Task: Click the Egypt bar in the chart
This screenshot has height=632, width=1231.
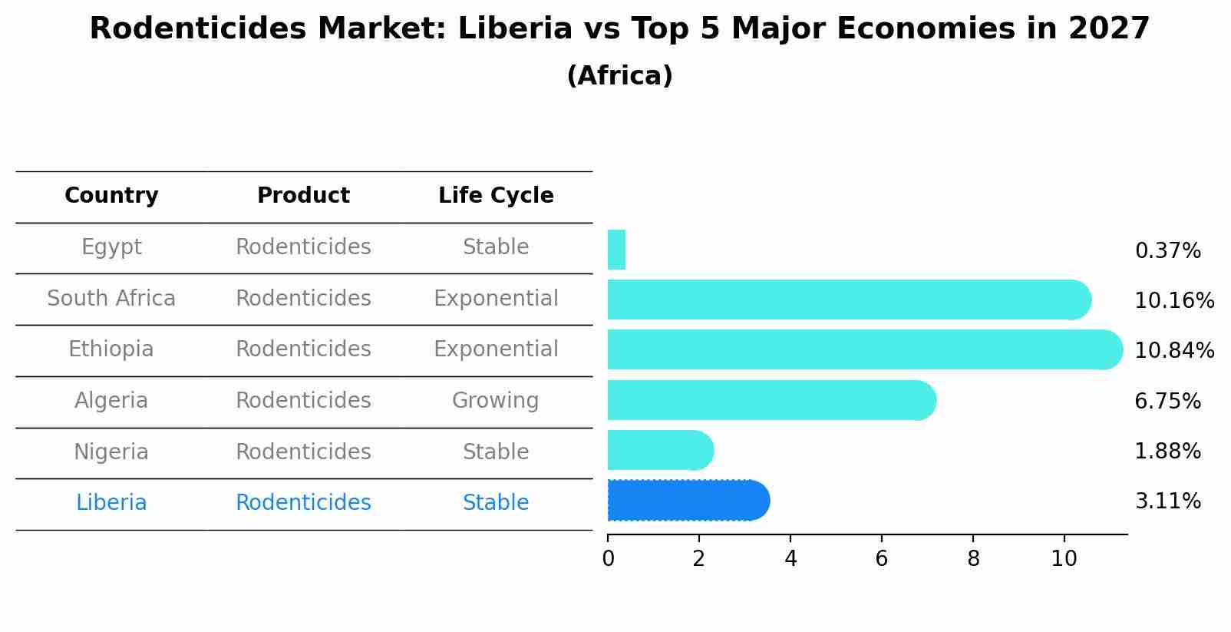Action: [x=616, y=250]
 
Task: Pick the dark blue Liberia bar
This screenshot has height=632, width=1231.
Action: [x=688, y=501]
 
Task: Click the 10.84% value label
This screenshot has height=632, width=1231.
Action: [x=1173, y=351]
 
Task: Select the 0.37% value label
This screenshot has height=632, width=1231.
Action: [x=1167, y=251]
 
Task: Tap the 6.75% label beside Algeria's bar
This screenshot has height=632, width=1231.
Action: [x=1167, y=401]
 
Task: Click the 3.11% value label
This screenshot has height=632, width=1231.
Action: [x=1167, y=501]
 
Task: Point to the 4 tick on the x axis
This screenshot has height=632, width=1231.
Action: [x=790, y=559]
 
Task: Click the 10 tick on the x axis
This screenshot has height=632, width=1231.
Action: [x=1064, y=559]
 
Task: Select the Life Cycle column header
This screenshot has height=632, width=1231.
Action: [x=496, y=196]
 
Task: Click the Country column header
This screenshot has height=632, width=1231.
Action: [x=111, y=196]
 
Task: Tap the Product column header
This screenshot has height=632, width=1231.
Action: [x=303, y=196]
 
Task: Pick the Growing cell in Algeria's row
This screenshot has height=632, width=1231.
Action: [x=495, y=401]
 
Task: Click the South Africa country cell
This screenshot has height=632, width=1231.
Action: [x=111, y=298]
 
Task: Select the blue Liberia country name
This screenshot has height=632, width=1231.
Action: [x=111, y=503]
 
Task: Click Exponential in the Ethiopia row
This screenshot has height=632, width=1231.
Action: [x=496, y=349]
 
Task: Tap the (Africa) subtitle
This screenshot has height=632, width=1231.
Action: [x=619, y=76]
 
